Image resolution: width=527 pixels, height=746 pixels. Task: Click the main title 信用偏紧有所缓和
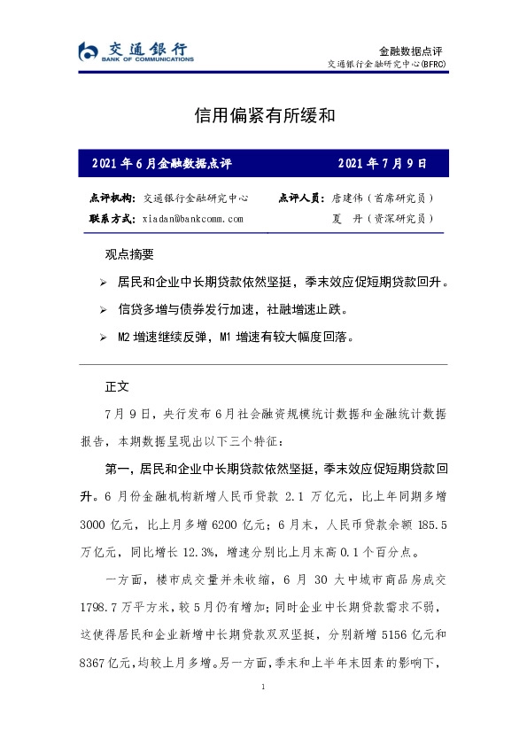point(263,116)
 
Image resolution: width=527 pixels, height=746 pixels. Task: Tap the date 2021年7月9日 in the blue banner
point(383,164)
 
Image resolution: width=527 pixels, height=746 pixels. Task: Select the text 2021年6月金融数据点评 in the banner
point(161,164)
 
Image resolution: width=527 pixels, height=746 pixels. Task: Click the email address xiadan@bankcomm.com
point(192,218)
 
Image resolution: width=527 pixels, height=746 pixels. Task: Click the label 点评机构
point(112,198)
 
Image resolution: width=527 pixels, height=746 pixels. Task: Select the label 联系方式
point(112,218)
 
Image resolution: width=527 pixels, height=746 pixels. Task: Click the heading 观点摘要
point(129,254)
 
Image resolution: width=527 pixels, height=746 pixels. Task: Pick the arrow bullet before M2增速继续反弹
point(104,338)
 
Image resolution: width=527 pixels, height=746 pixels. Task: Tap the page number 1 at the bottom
point(263,688)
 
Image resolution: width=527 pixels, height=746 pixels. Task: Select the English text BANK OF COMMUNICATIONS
point(147,58)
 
